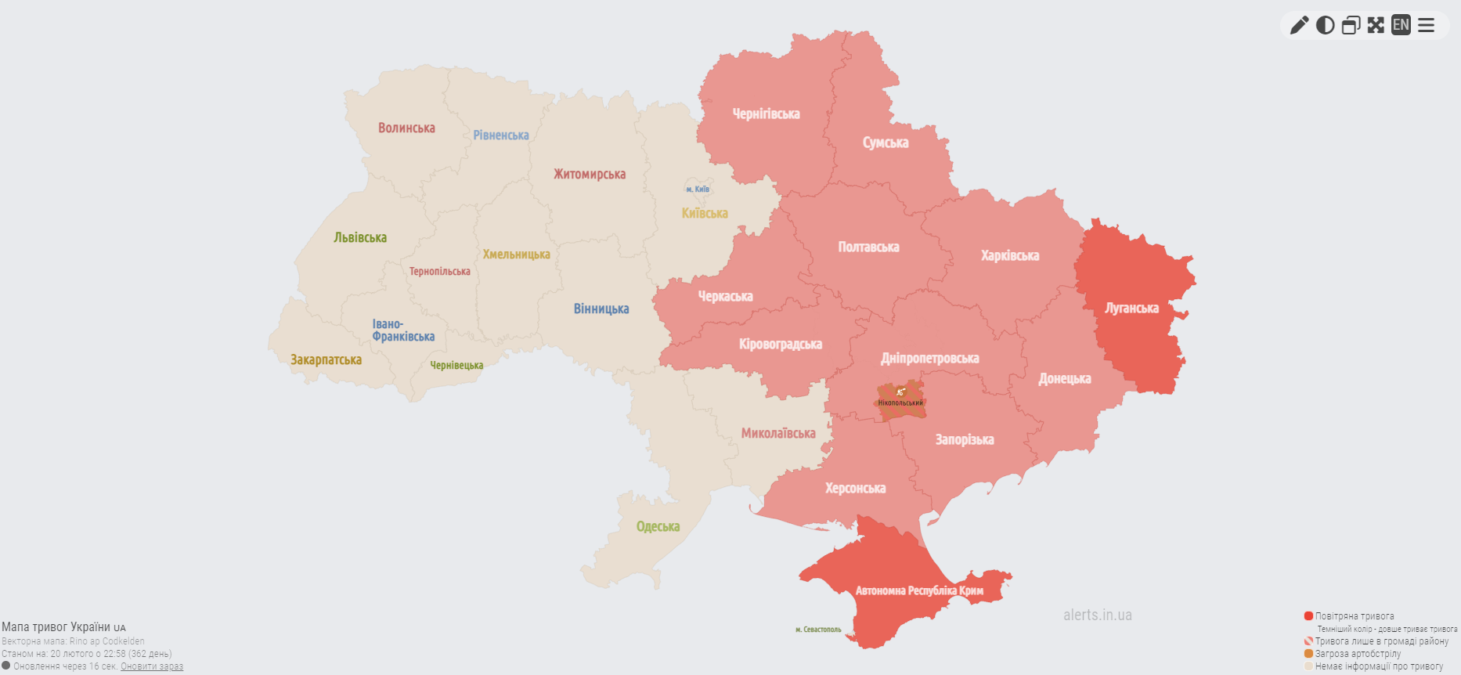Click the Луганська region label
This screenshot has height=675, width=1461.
(x=1131, y=309)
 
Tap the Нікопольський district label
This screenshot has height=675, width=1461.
(x=900, y=402)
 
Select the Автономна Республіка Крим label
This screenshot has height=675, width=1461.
(x=919, y=590)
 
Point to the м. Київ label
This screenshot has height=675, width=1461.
(x=698, y=190)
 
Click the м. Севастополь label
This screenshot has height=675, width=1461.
(x=818, y=630)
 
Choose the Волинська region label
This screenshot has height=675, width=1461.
(x=406, y=128)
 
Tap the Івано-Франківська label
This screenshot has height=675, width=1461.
(x=402, y=330)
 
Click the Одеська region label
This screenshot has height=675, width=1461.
(x=658, y=527)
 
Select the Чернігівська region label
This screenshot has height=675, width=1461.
(x=766, y=114)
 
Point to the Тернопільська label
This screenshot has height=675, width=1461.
(x=439, y=272)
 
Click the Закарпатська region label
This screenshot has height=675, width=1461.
(x=326, y=360)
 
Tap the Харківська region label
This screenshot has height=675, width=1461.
(x=1010, y=256)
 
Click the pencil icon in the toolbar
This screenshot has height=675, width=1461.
(x=1299, y=25)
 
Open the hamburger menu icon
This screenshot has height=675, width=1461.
(x=1427, y=25)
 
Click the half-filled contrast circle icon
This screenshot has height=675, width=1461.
(x=1325, y=25)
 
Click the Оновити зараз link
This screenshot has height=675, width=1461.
(x=152, y=666)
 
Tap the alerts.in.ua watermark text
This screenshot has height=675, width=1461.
(x=1097, y=615)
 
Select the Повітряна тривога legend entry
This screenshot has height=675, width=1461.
(x=1354, y=616)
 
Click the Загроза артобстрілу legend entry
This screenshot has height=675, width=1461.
(x=1357, y=654)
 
